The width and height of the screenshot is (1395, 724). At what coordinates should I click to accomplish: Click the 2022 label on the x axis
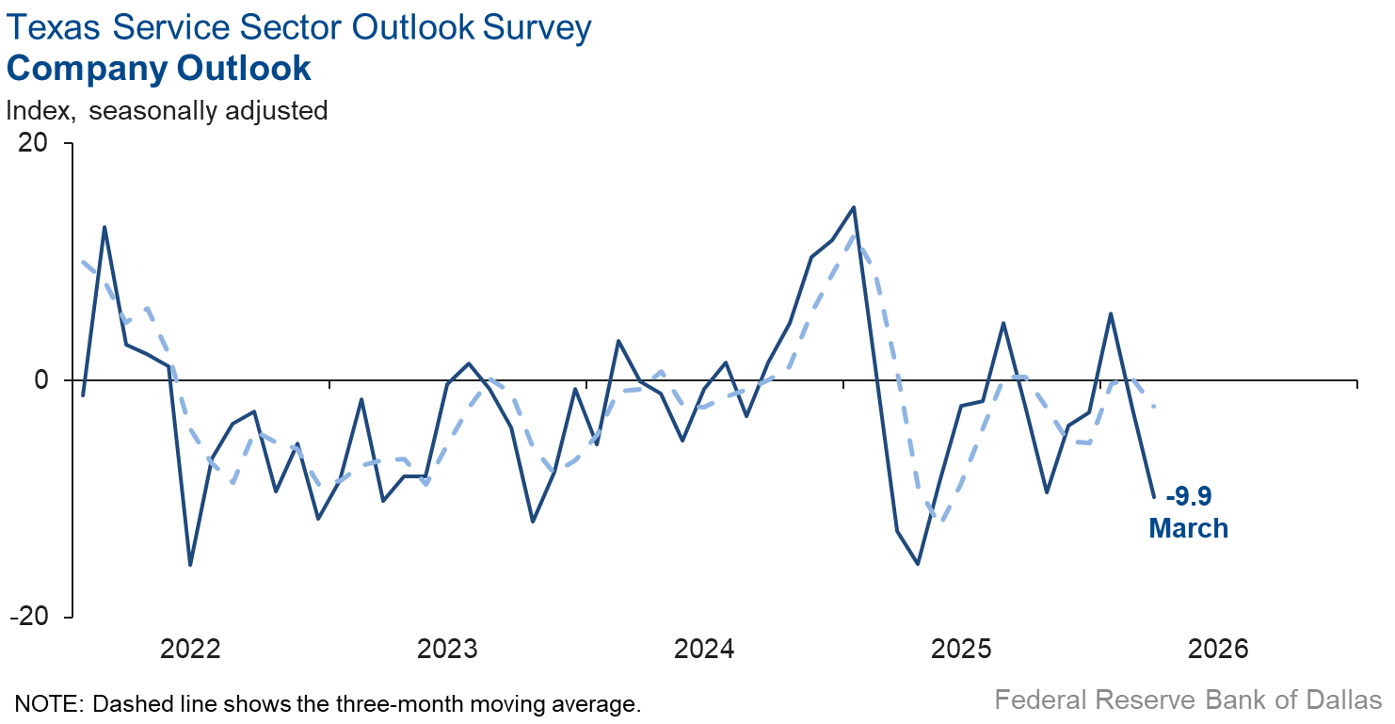[x=190, y=649]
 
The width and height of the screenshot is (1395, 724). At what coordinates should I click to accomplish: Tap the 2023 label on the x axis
[x=447, y=649]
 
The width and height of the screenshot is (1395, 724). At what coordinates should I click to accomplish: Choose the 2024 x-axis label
[x=705, y=649]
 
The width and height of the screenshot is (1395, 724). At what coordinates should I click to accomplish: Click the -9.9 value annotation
[x=1188, y=496]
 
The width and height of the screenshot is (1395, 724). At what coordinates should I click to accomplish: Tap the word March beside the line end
[x=1188, y=528]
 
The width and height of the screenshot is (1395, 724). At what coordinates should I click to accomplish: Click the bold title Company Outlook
[x=159, y=69]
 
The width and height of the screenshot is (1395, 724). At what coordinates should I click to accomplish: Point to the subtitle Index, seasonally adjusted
[x=167, y=110]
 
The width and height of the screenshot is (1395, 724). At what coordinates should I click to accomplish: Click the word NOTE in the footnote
[x=45, y=703]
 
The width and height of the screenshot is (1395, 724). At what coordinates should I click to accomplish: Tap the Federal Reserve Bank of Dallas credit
[x=1188, y=700]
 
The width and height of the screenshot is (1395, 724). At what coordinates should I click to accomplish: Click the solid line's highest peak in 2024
[x=853, y=207]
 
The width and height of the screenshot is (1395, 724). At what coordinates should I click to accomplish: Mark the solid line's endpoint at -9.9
[x=1154, y=497]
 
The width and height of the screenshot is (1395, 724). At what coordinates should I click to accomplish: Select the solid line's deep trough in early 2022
[x=191, y=565]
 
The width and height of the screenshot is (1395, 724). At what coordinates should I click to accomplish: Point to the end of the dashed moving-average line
[x=1155, y=407]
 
